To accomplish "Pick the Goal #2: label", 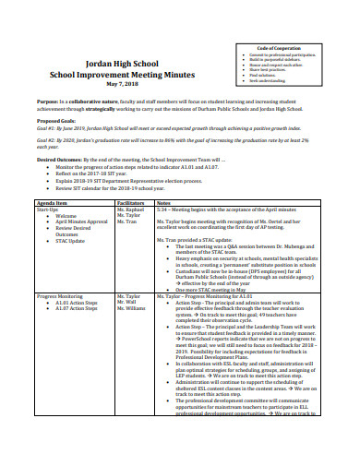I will [47, 141].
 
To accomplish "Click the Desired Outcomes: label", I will [60, 160].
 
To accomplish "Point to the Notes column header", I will [164, 202].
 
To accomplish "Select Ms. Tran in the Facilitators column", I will [126, 222].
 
